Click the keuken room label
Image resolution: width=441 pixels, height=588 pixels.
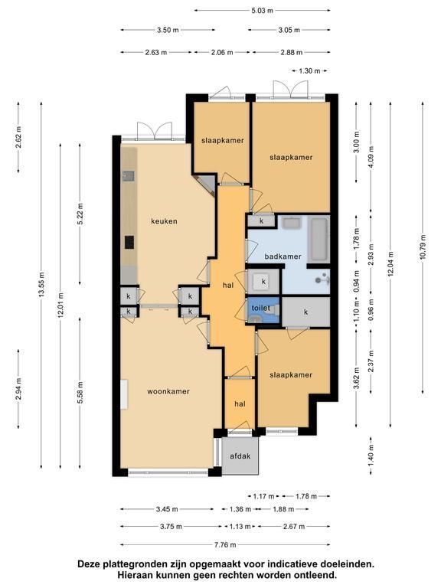[x=164, y=221]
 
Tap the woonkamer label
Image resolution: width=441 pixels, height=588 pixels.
[x=168, y=391]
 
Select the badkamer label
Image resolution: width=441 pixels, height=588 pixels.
[x=283, y=256]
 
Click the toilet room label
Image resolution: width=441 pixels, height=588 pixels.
[x=260, y=308]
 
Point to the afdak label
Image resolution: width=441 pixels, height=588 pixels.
[x=240, y=456]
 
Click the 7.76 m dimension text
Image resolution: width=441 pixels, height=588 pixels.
[x=225, y=544]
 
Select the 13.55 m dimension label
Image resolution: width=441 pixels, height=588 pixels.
[x=41, y=285]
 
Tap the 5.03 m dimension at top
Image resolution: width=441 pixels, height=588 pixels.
[x=262, y=11]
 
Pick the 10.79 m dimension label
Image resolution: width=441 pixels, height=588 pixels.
[x=423, y=247]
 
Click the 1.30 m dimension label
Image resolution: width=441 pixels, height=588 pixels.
[x=309, y=70]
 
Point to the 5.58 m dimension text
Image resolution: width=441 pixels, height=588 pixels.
[x=80, y=392]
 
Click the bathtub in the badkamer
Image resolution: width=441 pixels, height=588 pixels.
[x=319, y=240]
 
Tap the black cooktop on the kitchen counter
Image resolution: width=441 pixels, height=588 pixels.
[x=129, y=242]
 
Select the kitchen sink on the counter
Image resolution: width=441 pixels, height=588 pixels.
[x=129, y=176]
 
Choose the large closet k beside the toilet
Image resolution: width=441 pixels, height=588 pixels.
[x=305, y=312]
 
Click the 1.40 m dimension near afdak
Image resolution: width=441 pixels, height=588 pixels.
[x=371, y=456]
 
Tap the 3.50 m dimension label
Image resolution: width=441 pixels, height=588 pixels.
[x=168, y=30]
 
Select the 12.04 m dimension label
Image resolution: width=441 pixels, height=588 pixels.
[x=390, y=264]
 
